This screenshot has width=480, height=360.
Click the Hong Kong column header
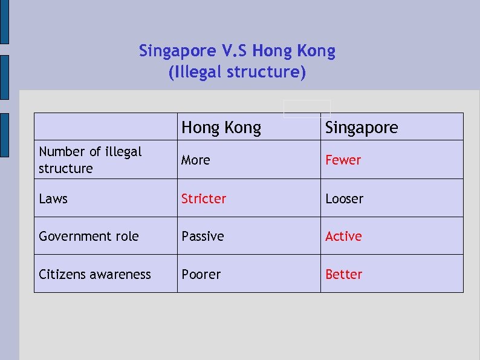[221, 128]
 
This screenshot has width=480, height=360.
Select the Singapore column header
[362, 128]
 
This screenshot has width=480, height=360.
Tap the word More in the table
[196, 160]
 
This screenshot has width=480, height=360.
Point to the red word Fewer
[343, 160]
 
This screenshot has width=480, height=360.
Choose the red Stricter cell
[204, 198]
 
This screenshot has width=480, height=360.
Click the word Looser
[344, 198]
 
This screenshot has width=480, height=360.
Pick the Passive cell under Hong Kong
[203, 236]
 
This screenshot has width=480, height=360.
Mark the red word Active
[343, 236]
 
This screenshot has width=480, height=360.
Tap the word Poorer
[201, 274]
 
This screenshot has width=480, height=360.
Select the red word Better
[343, 274]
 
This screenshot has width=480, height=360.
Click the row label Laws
[53, 198]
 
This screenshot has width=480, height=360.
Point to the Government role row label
[88, 236]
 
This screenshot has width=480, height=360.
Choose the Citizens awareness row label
[94, 274]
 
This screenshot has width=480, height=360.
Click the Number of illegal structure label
[89, 160]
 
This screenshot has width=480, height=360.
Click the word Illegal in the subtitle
[197, 73]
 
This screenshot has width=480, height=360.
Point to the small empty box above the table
[307, 107]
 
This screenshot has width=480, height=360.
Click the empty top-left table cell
[105, 126]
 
